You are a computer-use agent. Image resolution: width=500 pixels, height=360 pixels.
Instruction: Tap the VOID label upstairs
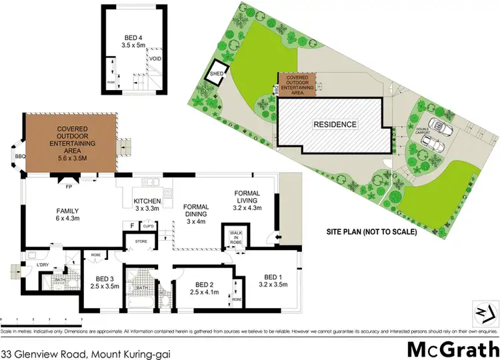point(155,59)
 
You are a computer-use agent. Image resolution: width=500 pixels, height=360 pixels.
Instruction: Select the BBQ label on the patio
point(18,157)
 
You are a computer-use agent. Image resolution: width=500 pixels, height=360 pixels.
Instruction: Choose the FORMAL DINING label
point(199,212)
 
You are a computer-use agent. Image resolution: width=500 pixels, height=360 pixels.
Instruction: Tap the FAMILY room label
point(67,213)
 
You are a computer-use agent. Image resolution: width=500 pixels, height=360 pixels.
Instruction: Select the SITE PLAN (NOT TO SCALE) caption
point(371,232)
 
